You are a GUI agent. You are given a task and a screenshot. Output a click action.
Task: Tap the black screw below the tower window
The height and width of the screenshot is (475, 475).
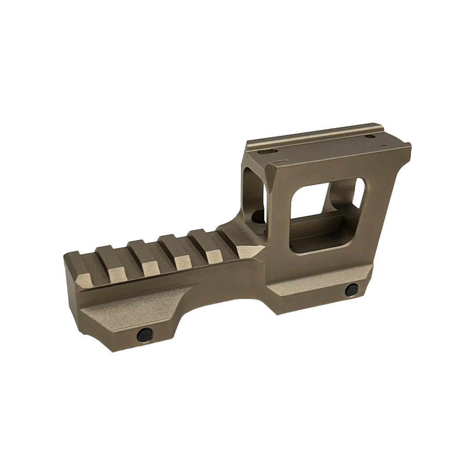(x=351, y=290)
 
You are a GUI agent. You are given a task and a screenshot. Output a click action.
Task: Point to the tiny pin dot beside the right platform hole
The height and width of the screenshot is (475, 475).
(x=383, y=144)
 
